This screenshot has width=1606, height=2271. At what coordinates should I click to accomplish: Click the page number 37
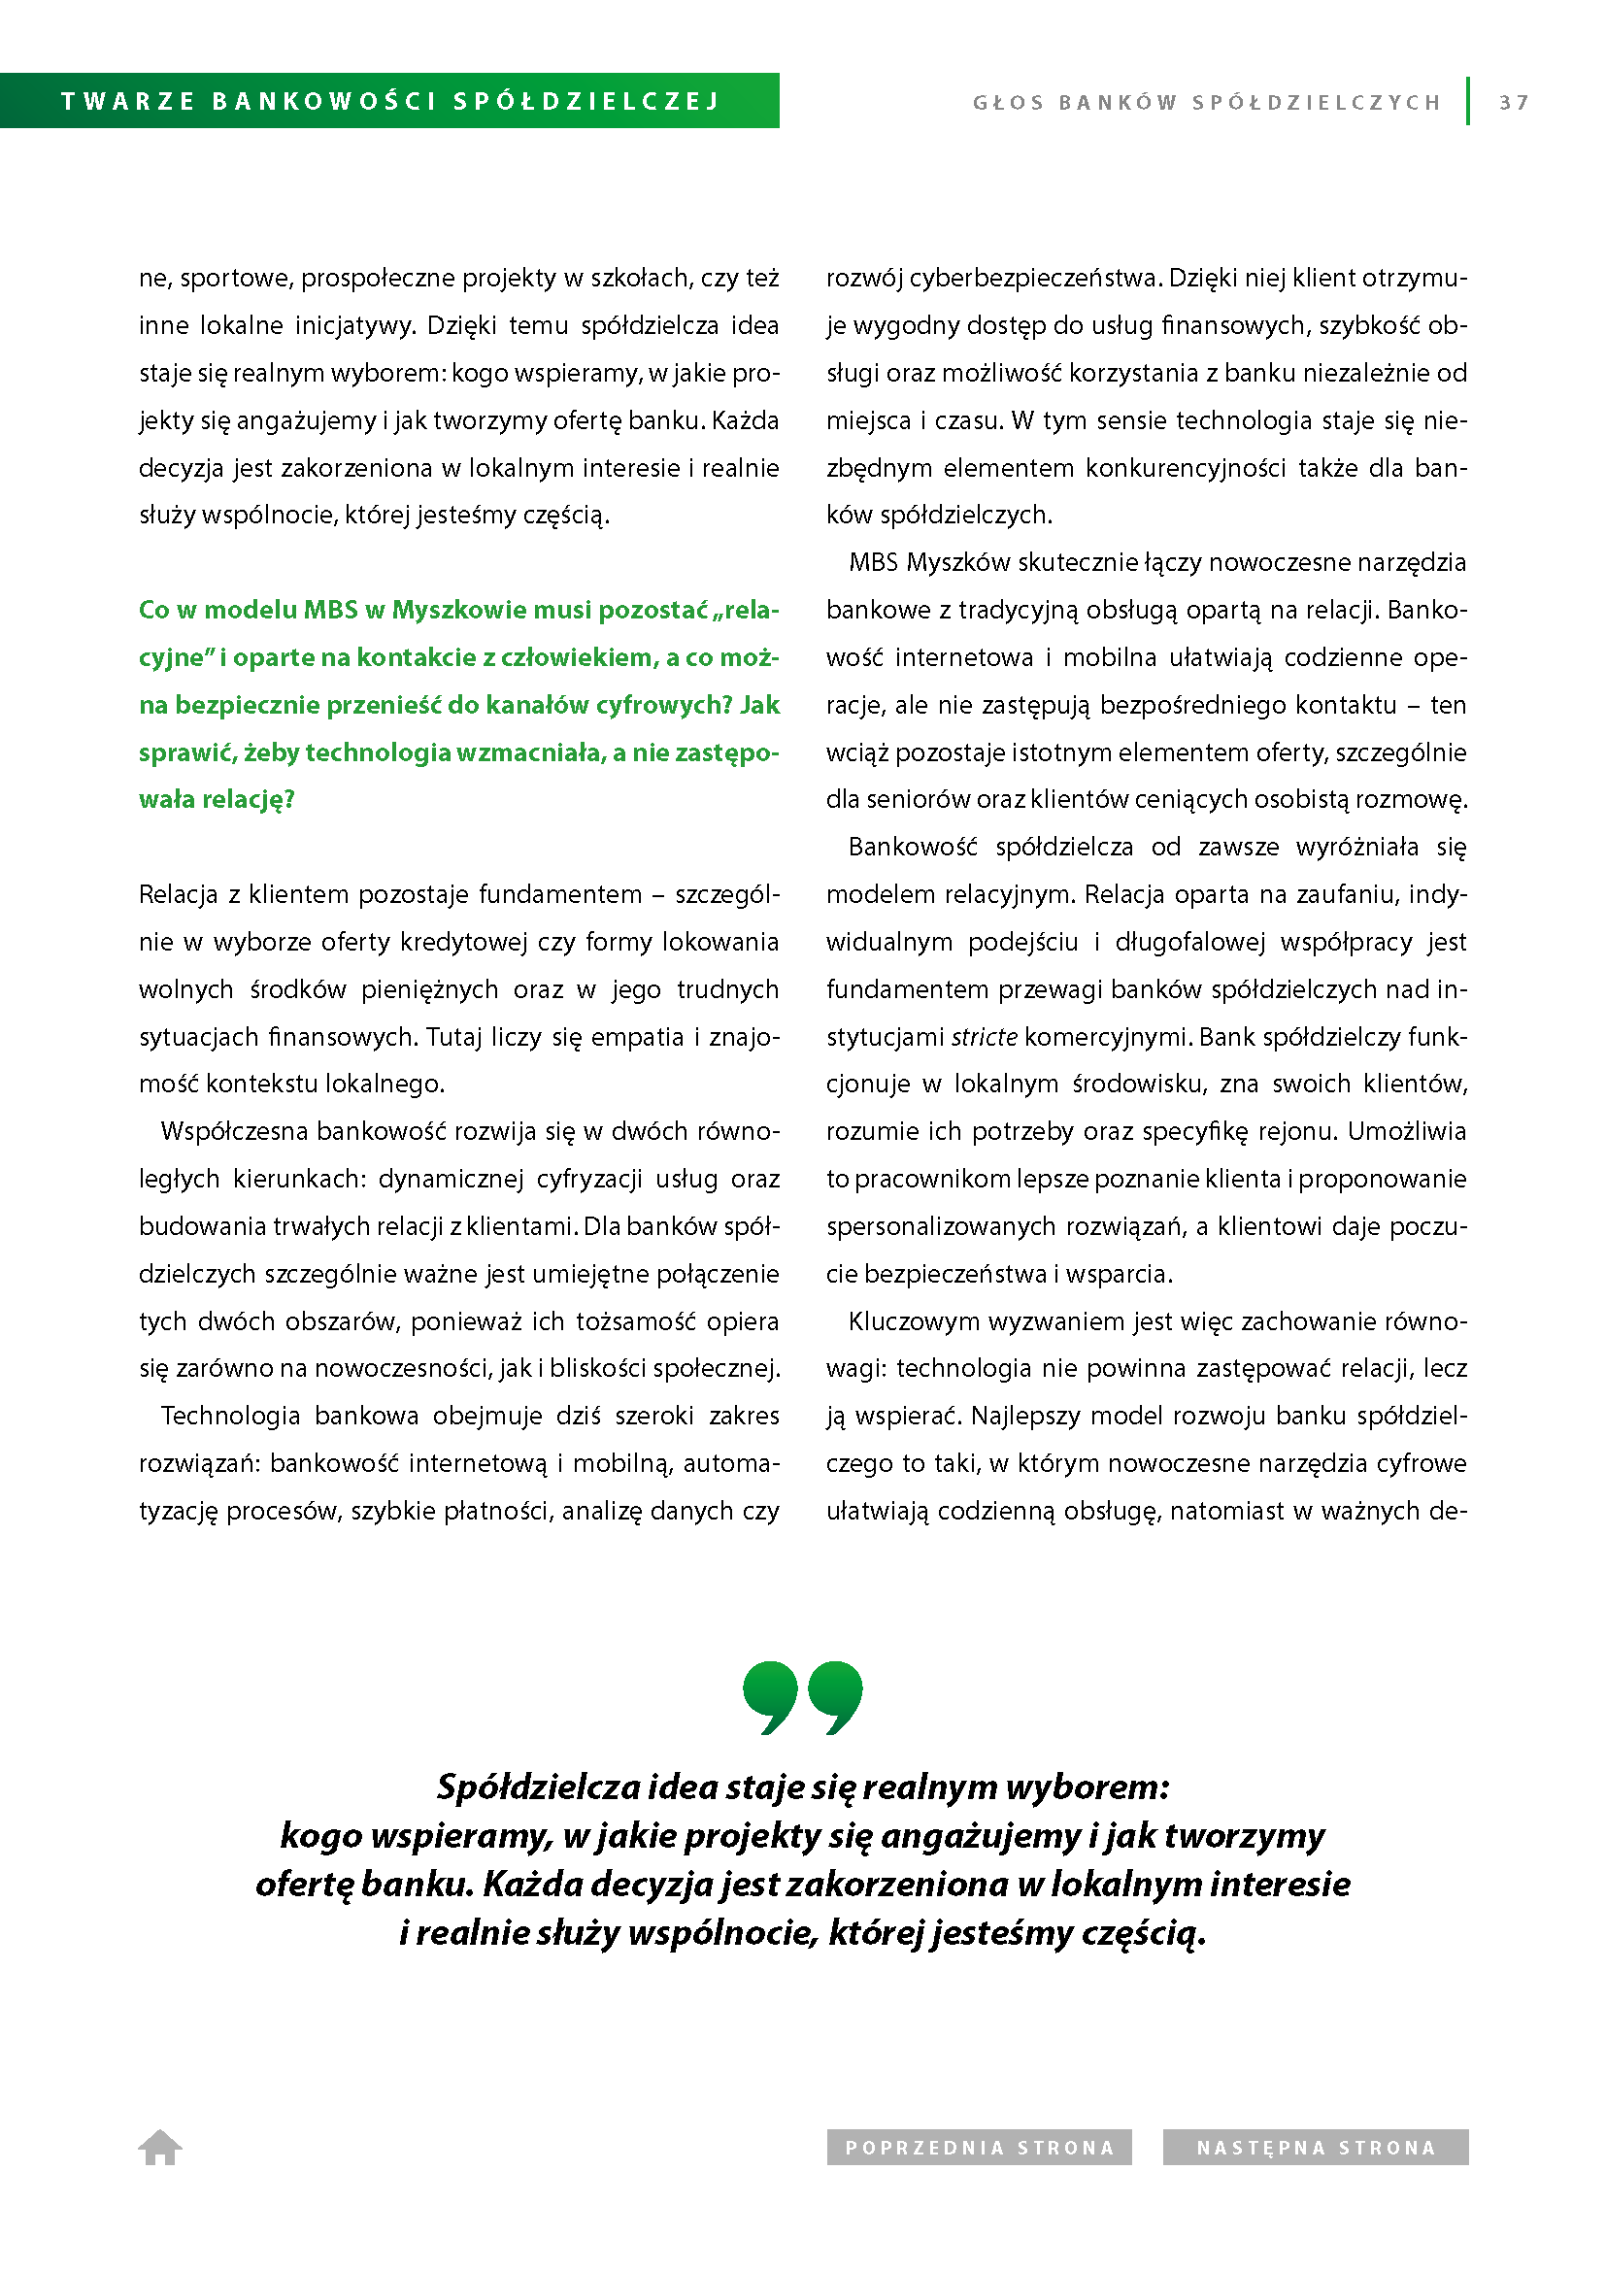pos(1513,102)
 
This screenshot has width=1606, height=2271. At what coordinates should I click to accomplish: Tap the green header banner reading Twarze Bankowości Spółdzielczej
pos(389,101)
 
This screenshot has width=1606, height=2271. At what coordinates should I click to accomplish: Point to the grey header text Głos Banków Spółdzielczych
pos(1207,102)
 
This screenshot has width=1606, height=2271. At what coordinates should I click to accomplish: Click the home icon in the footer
pos(160,2148)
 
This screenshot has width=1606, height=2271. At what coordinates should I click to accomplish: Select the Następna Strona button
pos(1316,2148)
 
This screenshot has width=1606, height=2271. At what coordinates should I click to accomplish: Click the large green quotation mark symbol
pos(802,1697)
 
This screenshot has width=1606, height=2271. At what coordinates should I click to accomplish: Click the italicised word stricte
pos(984,1037)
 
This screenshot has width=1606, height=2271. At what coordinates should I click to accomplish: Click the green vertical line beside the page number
pos(1468,101)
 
